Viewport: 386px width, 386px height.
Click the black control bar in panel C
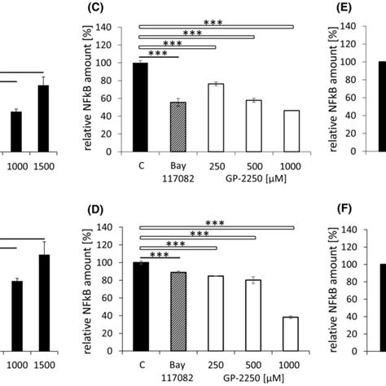point(140,107)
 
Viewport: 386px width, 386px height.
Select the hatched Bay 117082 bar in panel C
point(177,126)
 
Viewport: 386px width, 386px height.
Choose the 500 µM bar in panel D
point(252,315)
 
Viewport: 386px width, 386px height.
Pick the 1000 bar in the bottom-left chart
point(15,316)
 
